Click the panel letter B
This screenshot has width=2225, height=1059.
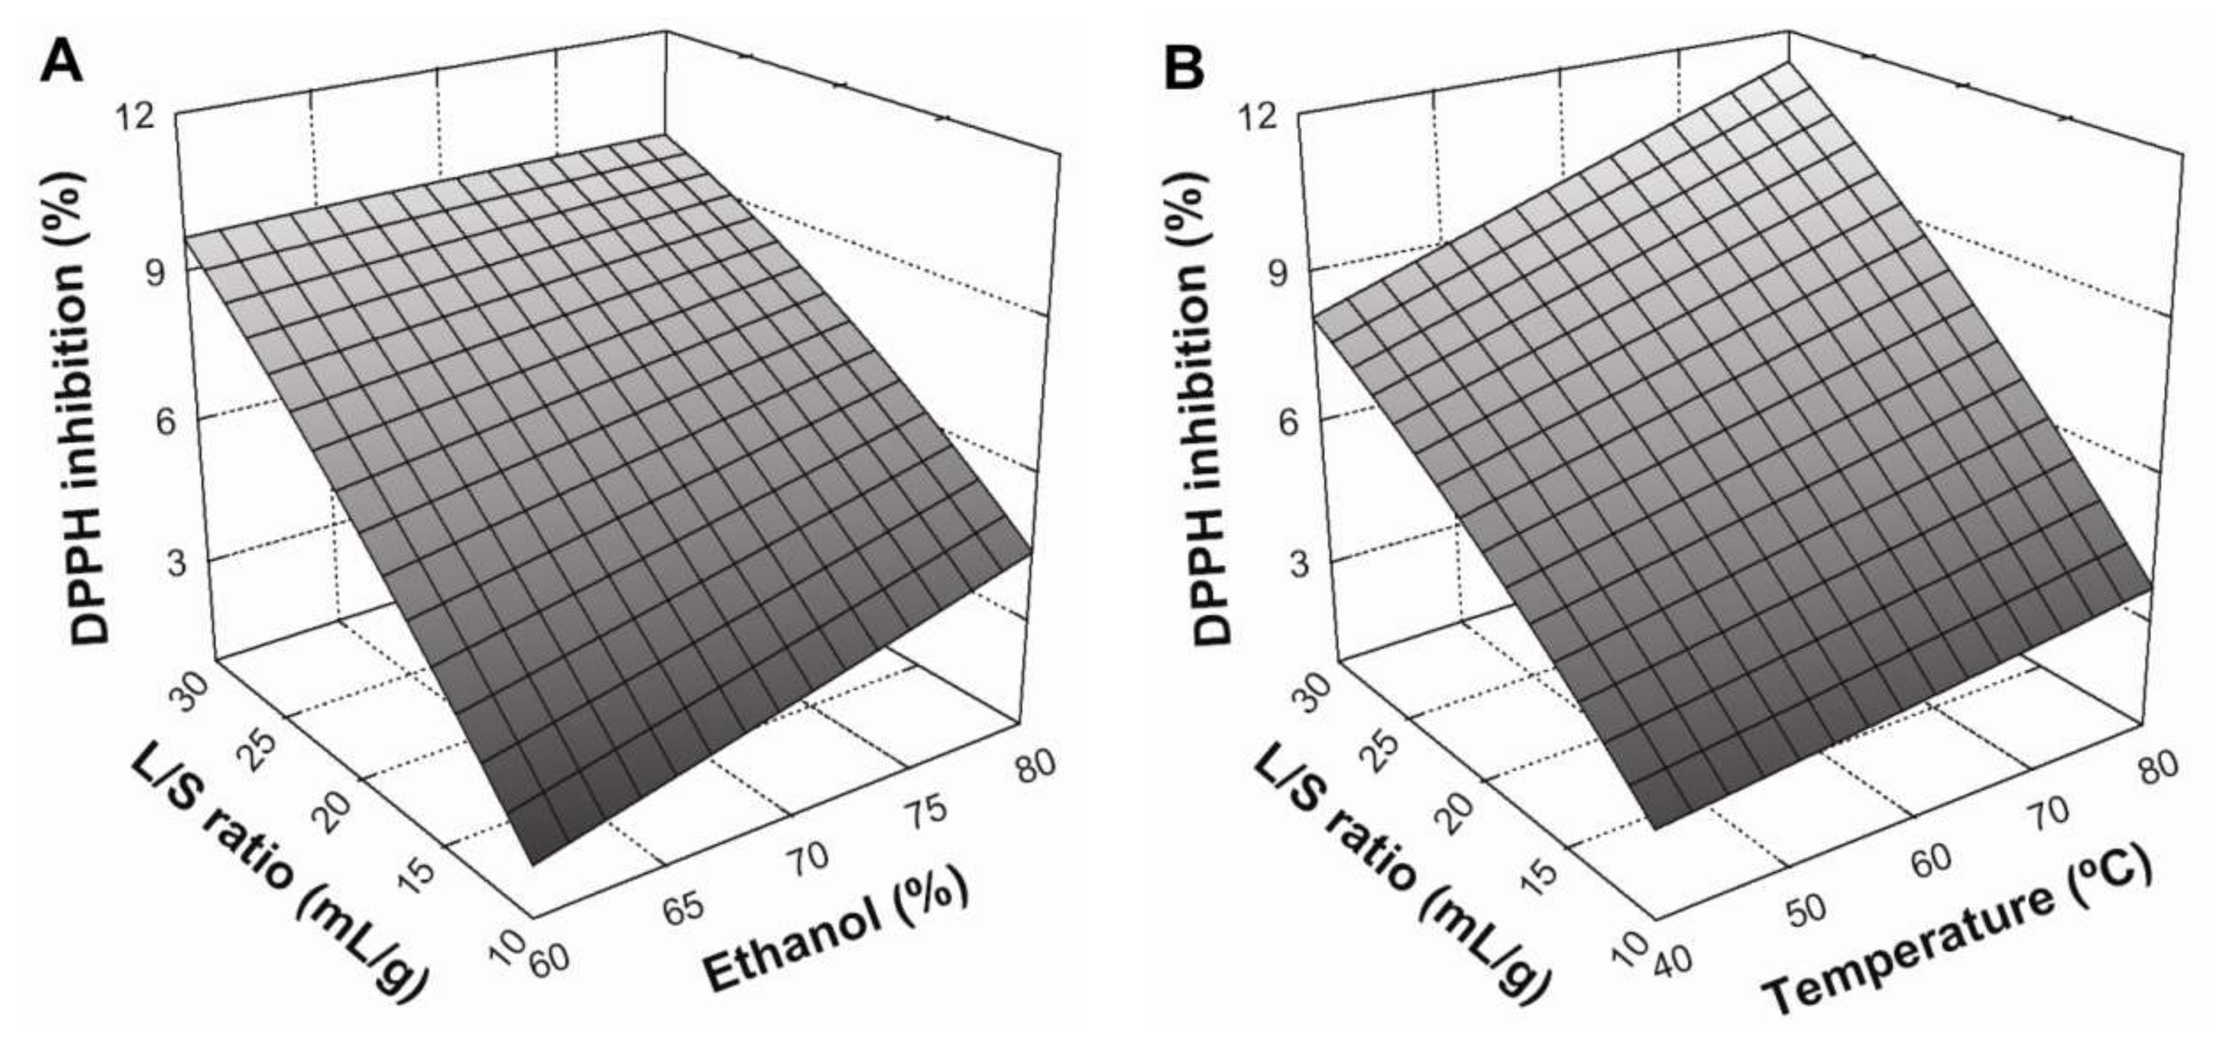(x=1184, y=68)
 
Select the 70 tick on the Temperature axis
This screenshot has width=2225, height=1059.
(x=2045, y=811)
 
